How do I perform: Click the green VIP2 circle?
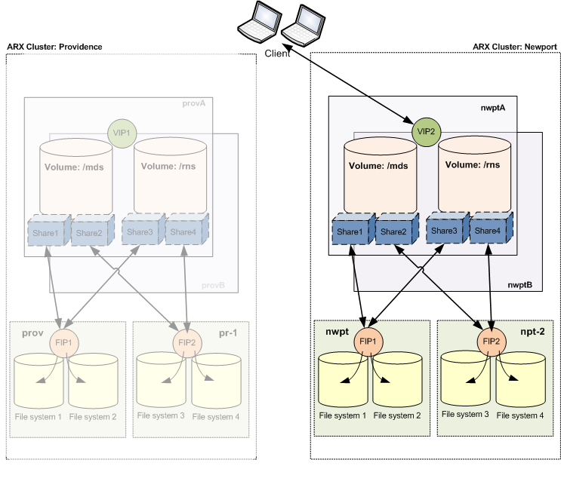(424, 130)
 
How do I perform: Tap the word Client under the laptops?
(279, 54)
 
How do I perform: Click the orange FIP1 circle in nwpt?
(368, 339)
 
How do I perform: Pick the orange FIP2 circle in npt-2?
(491, 339)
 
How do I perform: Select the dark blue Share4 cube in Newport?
(487, 231)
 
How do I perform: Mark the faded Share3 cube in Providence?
(140, 232)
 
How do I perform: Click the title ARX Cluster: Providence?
(54, 47)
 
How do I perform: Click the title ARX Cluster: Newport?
(515, 47)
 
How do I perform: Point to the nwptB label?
(520, 285)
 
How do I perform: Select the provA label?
(194, 103)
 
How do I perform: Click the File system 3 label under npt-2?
(465, 414)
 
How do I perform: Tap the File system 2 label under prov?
(92, 416)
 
